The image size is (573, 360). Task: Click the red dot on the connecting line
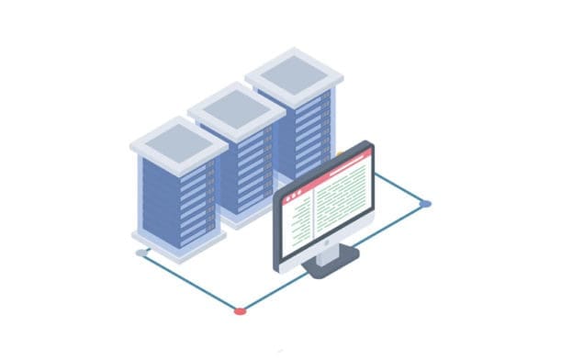pos(241,310)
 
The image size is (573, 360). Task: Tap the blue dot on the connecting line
pos(425,203)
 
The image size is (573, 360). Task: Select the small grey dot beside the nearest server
pos(140,251)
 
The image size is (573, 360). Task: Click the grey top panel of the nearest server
pos(178,141)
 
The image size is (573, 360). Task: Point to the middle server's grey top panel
pos(237,107)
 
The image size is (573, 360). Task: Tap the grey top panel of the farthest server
pos(294,73)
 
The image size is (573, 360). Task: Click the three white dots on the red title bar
pos(292,196)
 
